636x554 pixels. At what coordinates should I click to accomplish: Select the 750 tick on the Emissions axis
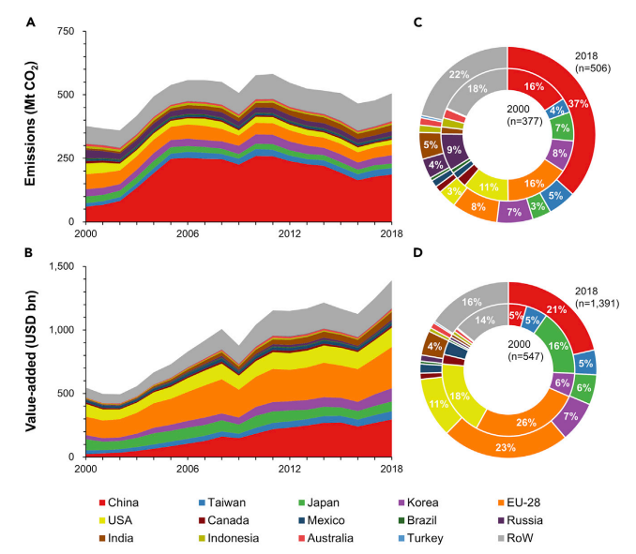[x=66, y=32]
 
